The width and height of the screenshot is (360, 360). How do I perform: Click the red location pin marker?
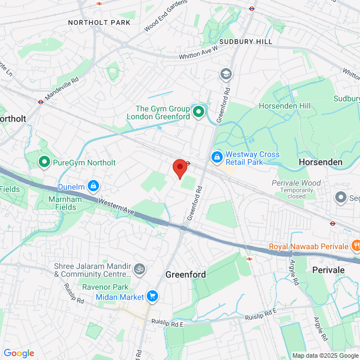[179, 168]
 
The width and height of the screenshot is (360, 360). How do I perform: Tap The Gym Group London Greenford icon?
[198, 112]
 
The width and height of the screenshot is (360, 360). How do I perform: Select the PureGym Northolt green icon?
[44, 163]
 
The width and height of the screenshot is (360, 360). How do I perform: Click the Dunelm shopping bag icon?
[93, 185]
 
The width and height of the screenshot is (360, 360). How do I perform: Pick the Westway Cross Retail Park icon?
[217, 157]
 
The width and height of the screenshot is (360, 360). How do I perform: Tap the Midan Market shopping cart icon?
[152, 296]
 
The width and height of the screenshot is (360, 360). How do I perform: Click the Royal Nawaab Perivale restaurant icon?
[355, 245]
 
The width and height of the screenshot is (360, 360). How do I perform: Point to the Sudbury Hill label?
[246, 42]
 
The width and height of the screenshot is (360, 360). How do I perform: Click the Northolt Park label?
[99, 22]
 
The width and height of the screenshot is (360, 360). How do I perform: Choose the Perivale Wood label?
[296, 183]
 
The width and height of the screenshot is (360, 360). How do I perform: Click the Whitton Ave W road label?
[198, 53]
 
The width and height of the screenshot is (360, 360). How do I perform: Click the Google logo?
[19, 353]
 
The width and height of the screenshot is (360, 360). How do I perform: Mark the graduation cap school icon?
[226, 74]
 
